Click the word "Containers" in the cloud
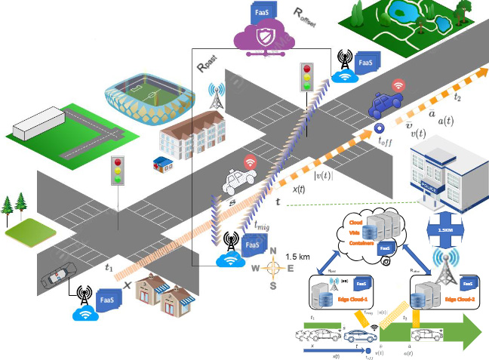[361, 244]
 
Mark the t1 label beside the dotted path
[109, 266]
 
